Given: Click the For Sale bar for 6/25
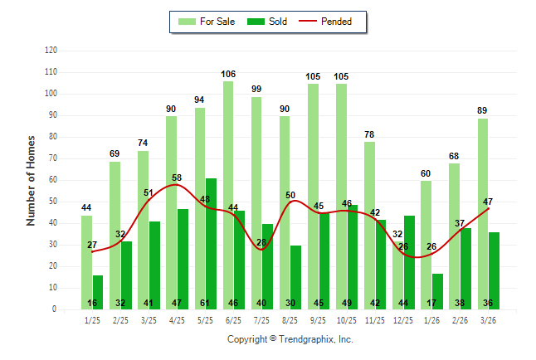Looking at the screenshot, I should tap(228, 195).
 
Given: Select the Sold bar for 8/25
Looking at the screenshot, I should tap(295, 277).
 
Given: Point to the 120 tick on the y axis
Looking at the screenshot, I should tap(51, 51).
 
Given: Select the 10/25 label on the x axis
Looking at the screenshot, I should tap(347, 319).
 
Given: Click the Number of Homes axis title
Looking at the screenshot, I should tap(32, 180).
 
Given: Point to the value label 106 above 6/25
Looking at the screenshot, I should tap(228, 74).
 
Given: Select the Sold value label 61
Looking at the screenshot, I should tap(211, 303).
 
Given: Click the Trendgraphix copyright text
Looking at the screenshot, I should tap(290, 339).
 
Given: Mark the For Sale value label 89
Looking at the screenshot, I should tap(483, 110).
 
